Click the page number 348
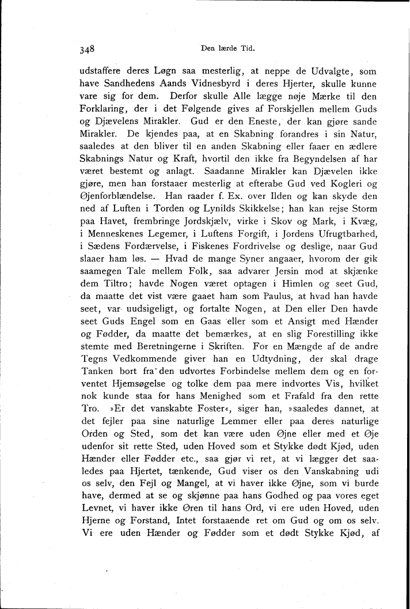(x=87, y=49)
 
